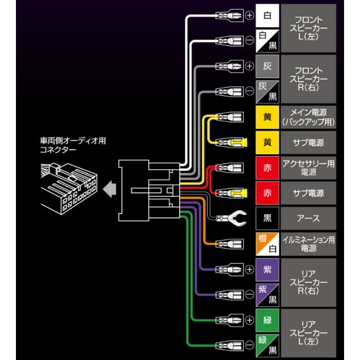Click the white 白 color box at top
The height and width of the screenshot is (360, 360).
[x=267, y=16]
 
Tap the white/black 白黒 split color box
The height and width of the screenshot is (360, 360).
[x=267, y=41]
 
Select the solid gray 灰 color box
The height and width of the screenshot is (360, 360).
[x=267, y=66]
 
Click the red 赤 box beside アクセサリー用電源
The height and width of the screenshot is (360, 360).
[x=267, y=168]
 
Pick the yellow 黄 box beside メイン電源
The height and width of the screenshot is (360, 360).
[x=267, y=117]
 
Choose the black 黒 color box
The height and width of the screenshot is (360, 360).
[x=267, y=218]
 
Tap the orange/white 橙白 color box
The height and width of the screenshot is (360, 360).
[x=267, y=243]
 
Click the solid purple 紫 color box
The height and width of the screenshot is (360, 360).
[x=267, y=269]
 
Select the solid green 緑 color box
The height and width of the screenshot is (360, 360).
[x=267, y=319]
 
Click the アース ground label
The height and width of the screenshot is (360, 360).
[x=308, y=218]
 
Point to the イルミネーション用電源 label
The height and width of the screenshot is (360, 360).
[x=308, y=243]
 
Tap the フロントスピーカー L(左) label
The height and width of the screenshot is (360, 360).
[x=308, y=28]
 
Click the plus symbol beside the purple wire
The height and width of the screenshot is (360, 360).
[x=249, y=269]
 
